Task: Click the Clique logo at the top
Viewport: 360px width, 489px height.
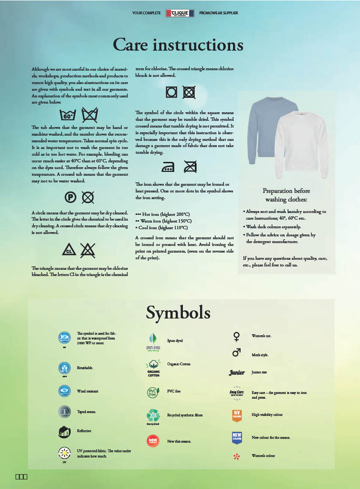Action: (180, 13)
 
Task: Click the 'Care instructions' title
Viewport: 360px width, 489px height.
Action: (178, 45)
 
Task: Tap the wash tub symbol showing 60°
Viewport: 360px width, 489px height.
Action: (68, 115)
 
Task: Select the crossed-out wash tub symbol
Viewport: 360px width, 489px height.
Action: (90, 115)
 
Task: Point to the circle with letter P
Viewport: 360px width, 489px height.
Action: (70, 196)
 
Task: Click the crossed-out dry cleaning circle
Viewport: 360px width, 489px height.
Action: (87, 196)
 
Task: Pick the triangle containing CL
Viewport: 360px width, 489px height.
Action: (69, 250)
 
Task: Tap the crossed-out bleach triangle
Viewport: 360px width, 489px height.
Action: (87, 250)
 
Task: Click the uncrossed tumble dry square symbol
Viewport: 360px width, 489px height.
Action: (171, 92)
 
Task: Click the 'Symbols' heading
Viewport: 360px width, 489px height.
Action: (178, 313)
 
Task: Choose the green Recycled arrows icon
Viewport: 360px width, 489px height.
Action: (153, 415)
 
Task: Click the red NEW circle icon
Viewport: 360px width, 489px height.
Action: (153, 441)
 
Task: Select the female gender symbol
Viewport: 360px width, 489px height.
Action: (236, 337)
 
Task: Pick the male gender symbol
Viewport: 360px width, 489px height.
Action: (236, 353)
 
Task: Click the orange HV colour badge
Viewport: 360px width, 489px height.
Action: (237, 415)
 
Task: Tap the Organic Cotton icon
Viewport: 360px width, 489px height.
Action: (153, 366)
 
